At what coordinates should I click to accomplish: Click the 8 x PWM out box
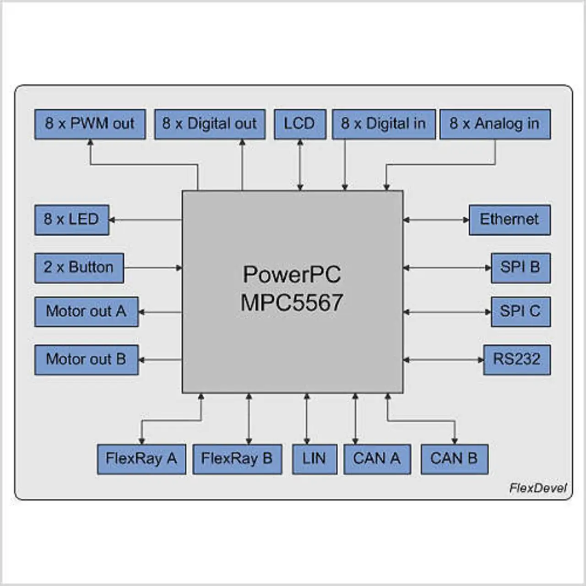coord(90,125)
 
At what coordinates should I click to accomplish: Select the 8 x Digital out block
coord(210,125)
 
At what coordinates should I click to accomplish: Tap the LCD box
coord(300,125)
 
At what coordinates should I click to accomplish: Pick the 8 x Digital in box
coord(384,125)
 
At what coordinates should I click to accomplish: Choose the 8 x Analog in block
coord(495,125)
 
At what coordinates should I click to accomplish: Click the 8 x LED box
coord(72,220)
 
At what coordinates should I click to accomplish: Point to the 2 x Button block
coord(79,268)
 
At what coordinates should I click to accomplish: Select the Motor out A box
coord(87,312)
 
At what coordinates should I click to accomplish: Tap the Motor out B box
coord(87,360)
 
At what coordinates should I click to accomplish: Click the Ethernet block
coord(510,220)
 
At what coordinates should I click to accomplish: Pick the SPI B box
coord(521,268)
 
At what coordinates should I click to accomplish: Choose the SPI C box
coord(521,312)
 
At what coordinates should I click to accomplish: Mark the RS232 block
coord(517,360)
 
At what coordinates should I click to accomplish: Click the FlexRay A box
coord(141,459)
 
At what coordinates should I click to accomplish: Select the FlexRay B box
coord(237,459)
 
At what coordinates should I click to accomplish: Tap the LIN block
coord(315,459)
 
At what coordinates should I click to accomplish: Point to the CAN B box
coord(455,459)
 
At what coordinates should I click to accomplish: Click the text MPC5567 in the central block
coord(292,303)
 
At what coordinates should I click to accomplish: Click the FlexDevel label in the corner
coord(538,488)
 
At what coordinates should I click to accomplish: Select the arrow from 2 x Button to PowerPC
coord(153,268)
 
